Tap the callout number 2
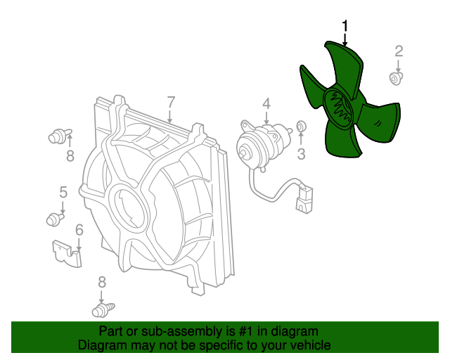[x=399, y=51]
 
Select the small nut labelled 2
[x=396, y=78]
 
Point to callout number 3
[x=301, y=154]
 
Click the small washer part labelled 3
[x=300, y=126]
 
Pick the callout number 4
[x=266, y=103]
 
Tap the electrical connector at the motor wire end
[x=304, y=199]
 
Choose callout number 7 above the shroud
[x=170, y=102]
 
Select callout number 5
[x=63, y=193]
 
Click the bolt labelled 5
[x=55, y=219]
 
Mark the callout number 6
[x=79, y=230]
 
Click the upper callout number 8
[x=70, y=156]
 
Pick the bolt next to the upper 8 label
[x=60, y=136]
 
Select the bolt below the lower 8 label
[x=103, y=310]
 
